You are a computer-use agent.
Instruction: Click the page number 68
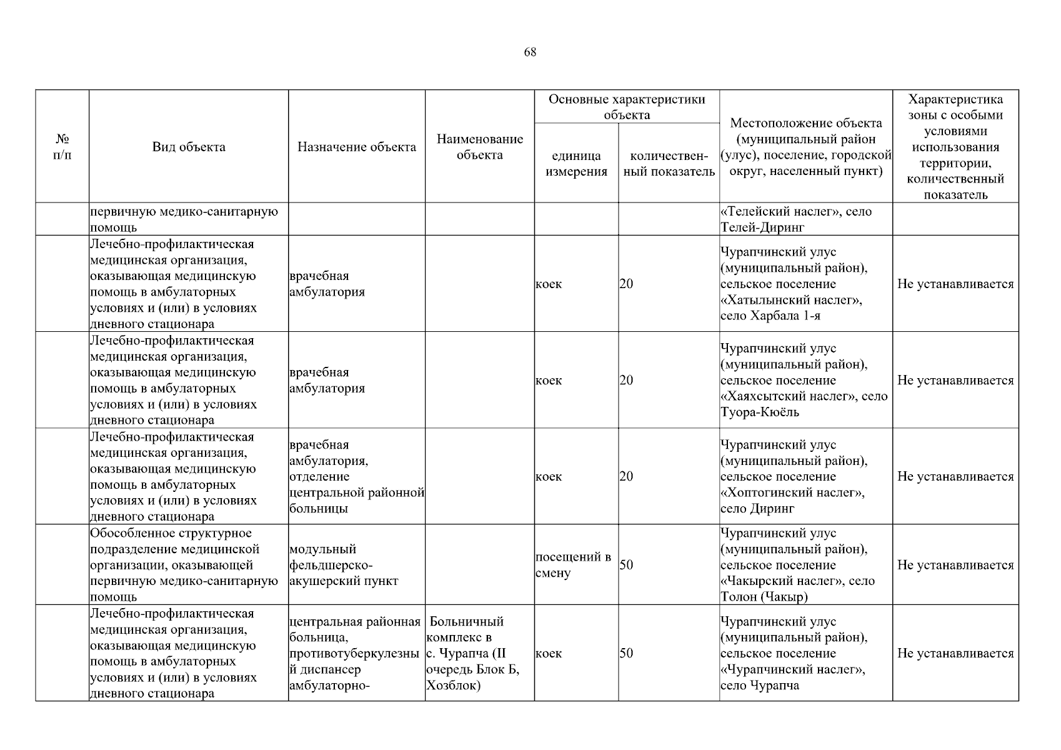point(530,52)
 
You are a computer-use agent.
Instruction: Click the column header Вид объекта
point(189,147)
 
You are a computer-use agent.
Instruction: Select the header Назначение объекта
point(356,147)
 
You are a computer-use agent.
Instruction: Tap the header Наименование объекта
point(479,147)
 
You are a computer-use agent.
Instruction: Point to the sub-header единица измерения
point(576,164)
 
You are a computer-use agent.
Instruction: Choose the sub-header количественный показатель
point(669,164)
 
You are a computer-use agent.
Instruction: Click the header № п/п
point(62,147)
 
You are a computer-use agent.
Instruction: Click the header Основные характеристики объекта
point(626,107)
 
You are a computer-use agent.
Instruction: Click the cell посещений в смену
point(573,565)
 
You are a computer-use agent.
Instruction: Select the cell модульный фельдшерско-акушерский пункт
point(356,565)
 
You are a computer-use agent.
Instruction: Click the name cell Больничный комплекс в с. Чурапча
point(479,653)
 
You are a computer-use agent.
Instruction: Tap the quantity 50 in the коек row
point(626,654)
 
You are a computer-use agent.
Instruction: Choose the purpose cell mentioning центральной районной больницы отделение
point(356,477)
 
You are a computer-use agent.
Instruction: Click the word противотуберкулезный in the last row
point(354,654)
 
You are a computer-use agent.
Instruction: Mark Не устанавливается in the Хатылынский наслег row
point(955,284)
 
